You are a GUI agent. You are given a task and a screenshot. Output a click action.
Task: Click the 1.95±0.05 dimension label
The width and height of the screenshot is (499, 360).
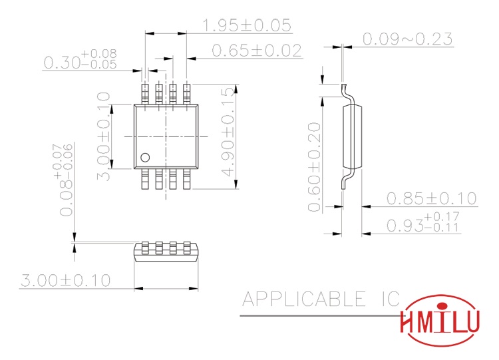pos(246,25)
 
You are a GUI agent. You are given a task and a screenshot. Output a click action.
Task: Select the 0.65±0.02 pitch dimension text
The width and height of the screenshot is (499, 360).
pos(256,51)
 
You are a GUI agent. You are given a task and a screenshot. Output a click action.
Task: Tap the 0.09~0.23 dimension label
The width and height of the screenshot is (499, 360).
pos(407,39)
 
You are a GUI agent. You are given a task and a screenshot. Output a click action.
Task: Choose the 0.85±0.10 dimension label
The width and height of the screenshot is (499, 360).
pos(432,198)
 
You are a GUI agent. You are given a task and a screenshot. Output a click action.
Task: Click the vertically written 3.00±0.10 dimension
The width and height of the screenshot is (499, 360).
pos(103,136)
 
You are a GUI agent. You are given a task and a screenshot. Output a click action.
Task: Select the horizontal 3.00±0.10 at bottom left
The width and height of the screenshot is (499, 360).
pos(65,280)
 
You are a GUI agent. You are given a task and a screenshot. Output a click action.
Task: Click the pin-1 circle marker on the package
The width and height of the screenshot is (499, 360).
pos(144,158)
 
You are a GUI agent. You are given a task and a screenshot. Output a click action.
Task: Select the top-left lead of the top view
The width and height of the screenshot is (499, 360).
pos(146,93)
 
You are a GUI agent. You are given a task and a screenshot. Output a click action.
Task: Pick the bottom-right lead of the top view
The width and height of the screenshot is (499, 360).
pos(187,180)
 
